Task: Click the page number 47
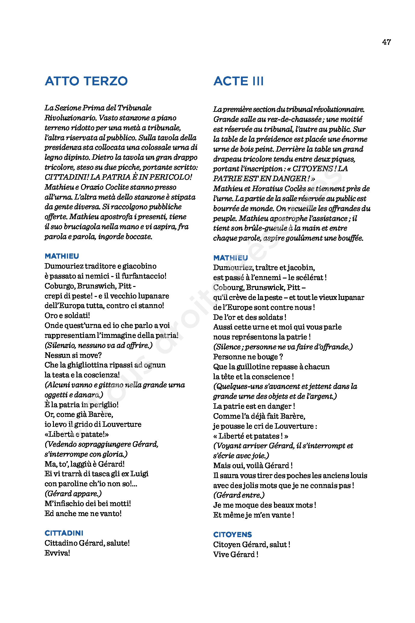tap(386, 42)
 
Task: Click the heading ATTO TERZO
tap(86, 81)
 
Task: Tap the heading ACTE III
tap(238, 81)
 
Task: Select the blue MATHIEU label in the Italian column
tap(62, 256)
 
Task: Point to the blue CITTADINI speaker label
tap(64, 533)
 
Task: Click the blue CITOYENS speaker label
tap(232, 535)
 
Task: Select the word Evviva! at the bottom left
tap(57, 553)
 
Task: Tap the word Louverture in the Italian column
tap(122, 424)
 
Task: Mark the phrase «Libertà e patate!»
tap(76, 434)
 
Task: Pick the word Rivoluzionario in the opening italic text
tap(70, 118)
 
